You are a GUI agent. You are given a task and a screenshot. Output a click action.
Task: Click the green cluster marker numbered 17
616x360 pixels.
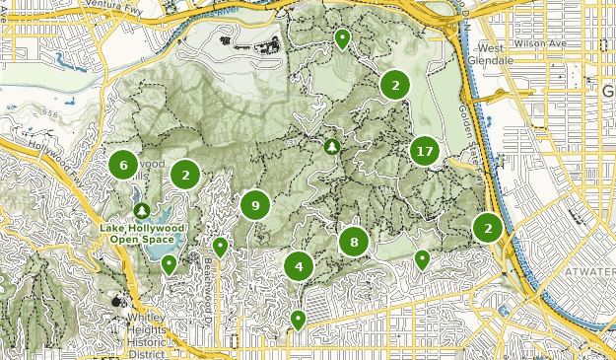pos(425,152)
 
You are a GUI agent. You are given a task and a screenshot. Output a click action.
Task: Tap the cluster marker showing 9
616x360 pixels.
pos(255,205)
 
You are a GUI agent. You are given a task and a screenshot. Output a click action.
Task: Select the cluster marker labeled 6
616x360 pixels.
pos(123,165)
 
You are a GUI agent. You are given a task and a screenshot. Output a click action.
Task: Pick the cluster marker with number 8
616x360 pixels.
pos(353,242)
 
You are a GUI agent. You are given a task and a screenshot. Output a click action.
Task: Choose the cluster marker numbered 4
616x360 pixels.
pos(299,265)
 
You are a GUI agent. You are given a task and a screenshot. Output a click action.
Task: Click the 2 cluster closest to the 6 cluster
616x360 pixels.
pos(184,175)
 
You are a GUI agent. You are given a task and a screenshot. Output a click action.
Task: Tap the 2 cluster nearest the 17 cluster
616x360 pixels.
pos(395,86)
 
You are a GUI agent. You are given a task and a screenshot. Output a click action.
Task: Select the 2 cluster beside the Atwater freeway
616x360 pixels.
pos(488,228)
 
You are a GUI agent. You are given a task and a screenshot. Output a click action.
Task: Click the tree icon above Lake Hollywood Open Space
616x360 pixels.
pos(143,210)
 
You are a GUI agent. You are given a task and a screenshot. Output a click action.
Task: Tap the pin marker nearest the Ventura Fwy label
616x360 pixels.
pos(342,38)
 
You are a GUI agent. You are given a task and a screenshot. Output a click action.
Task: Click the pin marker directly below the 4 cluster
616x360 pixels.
pos(298,319)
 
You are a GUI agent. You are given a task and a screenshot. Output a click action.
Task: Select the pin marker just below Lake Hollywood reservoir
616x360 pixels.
pos(170,263)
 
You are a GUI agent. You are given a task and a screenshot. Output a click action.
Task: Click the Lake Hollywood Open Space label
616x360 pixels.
pos(142,233)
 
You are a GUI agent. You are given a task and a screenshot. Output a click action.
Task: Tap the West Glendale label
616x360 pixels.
pos(497,54)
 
